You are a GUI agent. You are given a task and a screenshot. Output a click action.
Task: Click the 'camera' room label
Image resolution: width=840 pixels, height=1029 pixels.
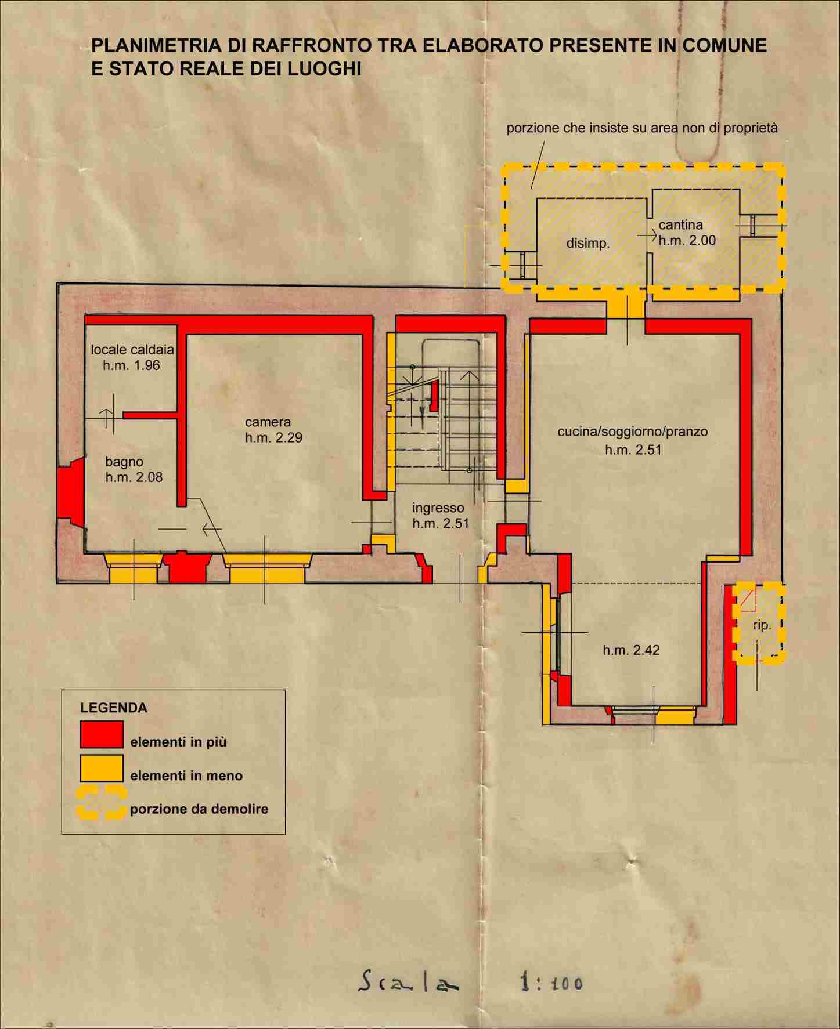(x=268, y=422)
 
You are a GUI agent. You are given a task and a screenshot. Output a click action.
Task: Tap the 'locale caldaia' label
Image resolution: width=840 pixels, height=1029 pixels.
(x=132, y=350)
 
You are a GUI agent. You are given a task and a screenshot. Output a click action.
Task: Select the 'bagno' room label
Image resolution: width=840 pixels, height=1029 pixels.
(x=124, y=462)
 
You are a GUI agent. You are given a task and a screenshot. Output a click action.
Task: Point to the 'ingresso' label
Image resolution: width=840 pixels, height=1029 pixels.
(x=438, y=509)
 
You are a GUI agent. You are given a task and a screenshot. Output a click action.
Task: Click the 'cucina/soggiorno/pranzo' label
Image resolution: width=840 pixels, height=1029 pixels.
(x=633, y=432)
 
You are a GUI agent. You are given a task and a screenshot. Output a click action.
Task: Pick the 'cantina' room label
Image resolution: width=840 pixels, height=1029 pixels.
(x=680, y=224)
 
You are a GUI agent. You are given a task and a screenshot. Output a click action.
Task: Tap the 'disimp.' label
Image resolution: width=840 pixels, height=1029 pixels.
(x=588, y=244)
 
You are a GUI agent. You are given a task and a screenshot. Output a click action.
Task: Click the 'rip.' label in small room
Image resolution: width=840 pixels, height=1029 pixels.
(x=762, y=625)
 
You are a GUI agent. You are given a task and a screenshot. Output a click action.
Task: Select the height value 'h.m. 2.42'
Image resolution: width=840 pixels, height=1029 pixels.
(x=631, y=650)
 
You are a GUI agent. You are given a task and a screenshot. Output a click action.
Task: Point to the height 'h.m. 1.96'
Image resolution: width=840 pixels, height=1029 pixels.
(x=131, y=365)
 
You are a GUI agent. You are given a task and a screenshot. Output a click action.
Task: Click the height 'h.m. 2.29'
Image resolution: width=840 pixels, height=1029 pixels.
(x=273, y=438)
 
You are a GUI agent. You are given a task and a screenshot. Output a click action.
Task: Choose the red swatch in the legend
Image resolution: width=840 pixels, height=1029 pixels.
(x=102, y=734)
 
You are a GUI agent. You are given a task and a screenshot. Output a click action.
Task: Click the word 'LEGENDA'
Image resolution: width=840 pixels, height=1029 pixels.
(x=113, y=708)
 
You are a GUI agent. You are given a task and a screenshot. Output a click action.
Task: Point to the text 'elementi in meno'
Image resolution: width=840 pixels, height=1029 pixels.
(x=186, y=776)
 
